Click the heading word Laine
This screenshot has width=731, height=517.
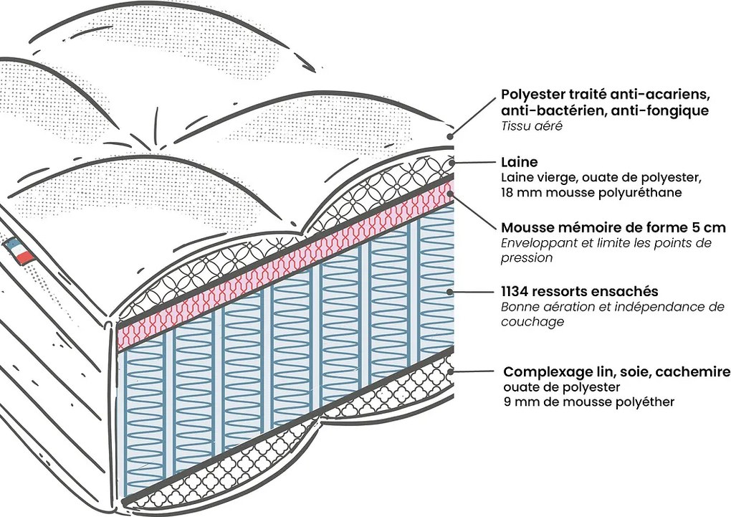click(x=519, y=163)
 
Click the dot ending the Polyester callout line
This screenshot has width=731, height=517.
click(x=450, y=136)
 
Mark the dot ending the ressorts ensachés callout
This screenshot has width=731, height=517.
click(x=449, y=292)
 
